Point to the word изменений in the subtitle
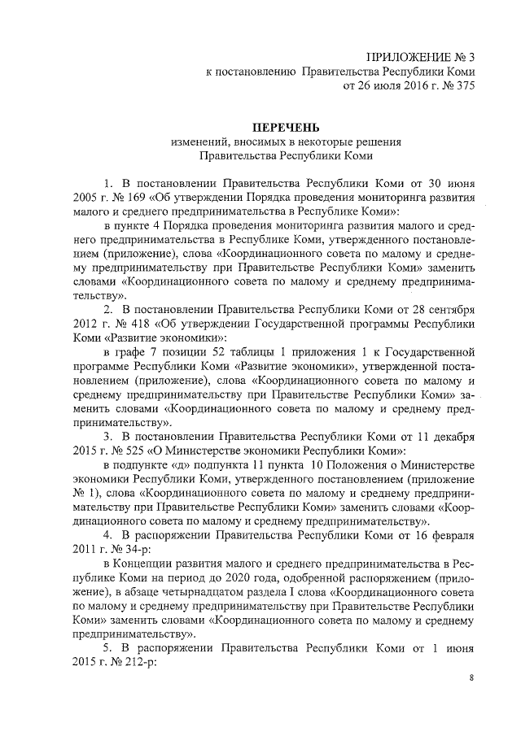[197, 141]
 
